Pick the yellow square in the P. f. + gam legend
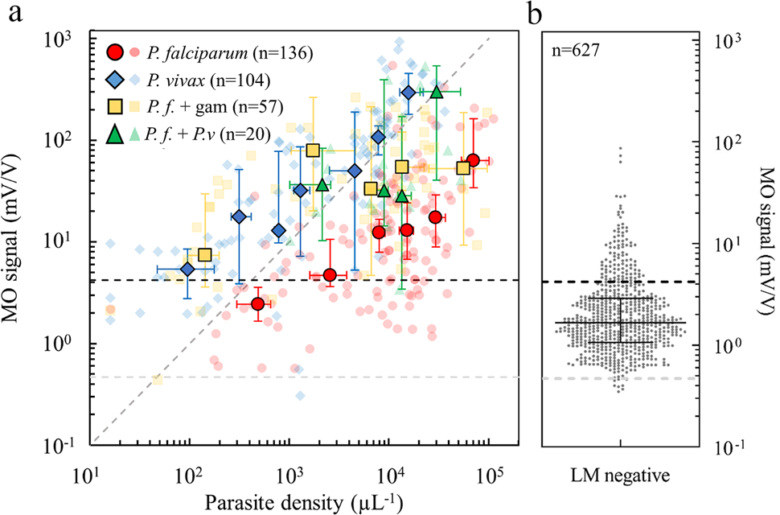117,107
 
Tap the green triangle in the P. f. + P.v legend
117,134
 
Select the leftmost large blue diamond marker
187,269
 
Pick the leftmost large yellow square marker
205,255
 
